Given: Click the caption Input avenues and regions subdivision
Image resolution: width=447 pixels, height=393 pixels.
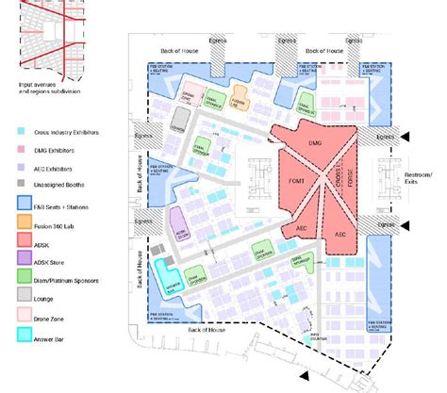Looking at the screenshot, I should (50, 90).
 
